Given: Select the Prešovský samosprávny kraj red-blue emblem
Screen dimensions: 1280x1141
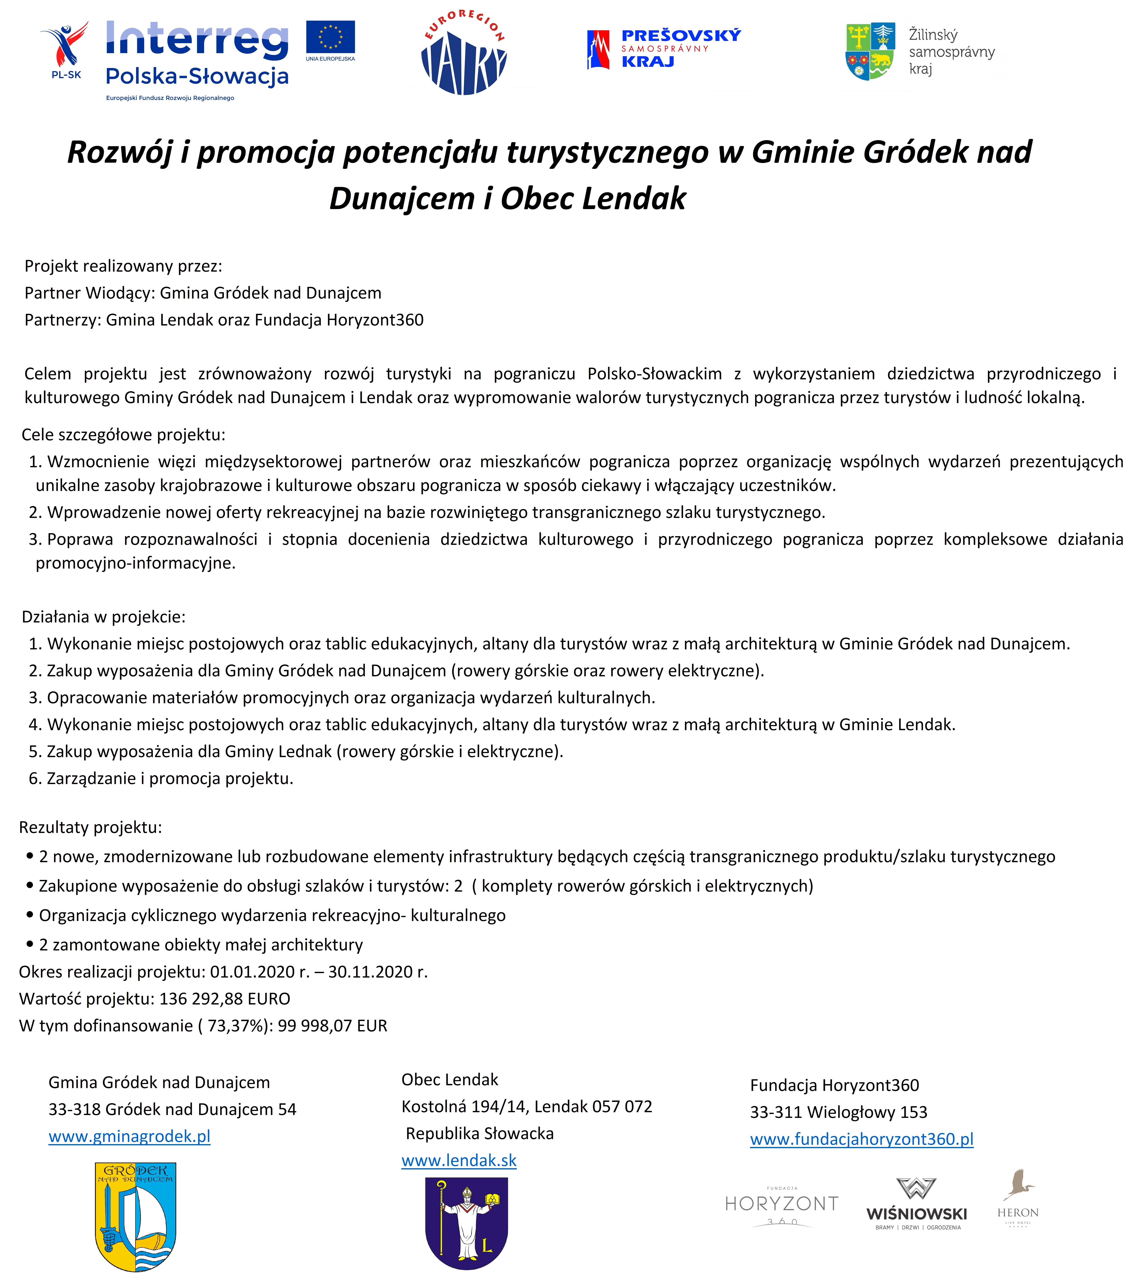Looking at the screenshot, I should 598,49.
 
